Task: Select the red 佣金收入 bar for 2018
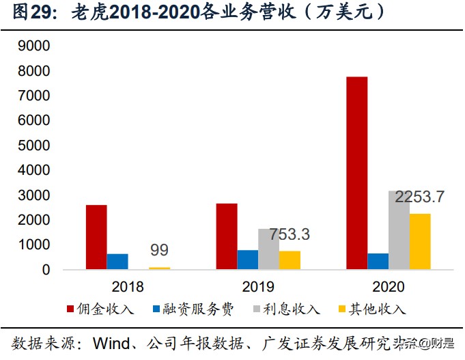pos(96,237)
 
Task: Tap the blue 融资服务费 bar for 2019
pos(248,260)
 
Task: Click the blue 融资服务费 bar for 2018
pos(117,262)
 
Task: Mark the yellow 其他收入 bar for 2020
pos(420,242)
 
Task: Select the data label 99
pos(159,250)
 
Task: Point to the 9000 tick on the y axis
pos(36,46)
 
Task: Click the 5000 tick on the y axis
pos(36,146)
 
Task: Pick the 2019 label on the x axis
pos(258,286)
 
